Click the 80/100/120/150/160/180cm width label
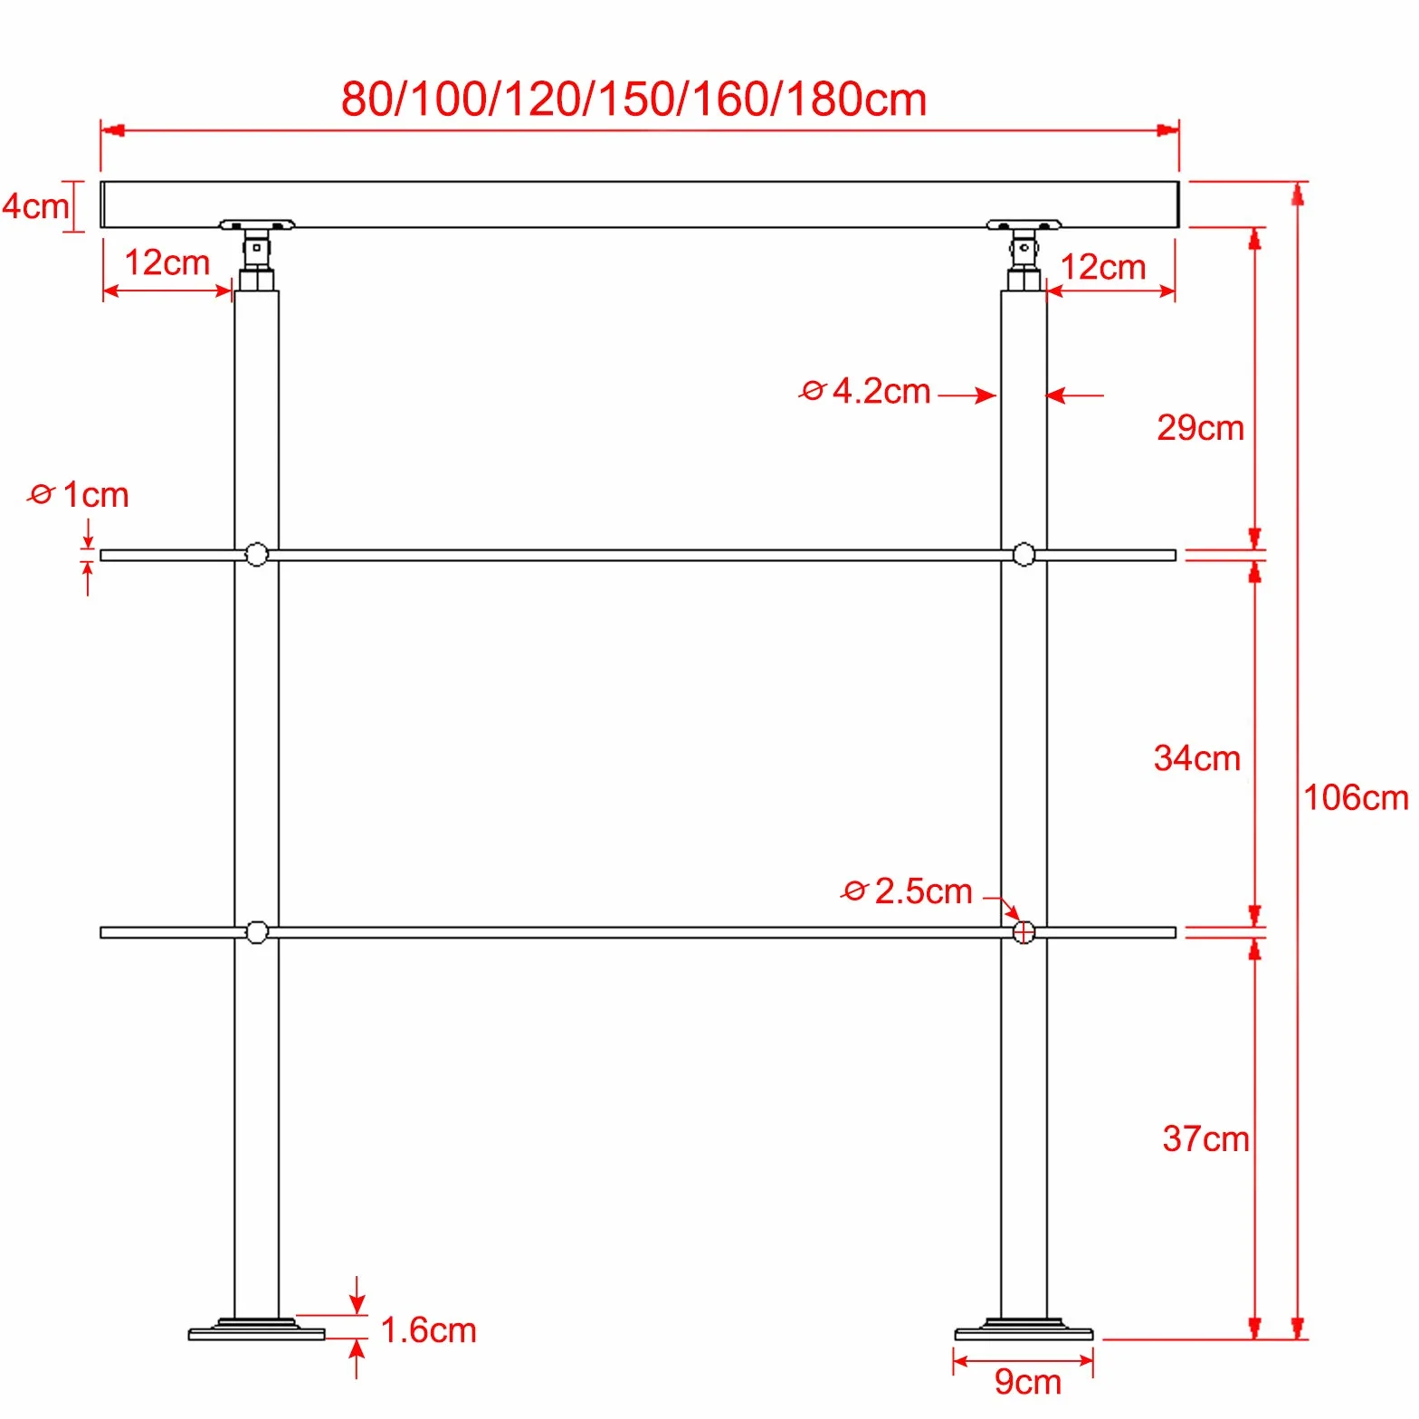[633, 99]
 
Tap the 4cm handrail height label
[35, 206]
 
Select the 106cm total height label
[1356, 797]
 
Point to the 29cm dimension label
[1200, 427]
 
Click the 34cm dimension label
[1196, 757]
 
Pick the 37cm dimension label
[1205, 1138]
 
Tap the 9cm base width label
[1027, 1382]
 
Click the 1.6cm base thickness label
[428, 1330]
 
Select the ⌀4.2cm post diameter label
[864, 391]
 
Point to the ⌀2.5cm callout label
[907, 891]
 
